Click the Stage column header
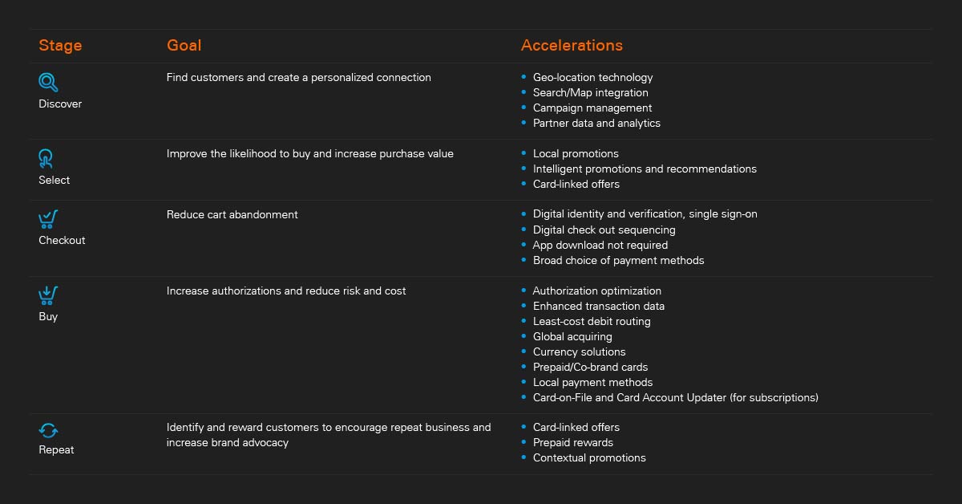point(60,46)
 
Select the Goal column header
point(184,46)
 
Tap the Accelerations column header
point(572,46)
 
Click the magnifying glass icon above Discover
point(48,82)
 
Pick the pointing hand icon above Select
point(46,158)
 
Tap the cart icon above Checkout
point(48,219)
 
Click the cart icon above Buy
point(48,295)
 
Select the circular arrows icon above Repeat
point(48,431)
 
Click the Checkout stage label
point(62,241)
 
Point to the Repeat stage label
point(56,450)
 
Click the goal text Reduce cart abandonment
point(232,215)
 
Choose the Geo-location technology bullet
point(592,78)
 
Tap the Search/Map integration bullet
point(590,93)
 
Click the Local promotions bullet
point(576,154)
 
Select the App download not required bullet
point(600,246)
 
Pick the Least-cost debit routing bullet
point(592,322)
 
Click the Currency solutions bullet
point(579,352)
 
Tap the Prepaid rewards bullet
point(572,443)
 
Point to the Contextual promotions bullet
point(589,458)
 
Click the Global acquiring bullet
point(572,337)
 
